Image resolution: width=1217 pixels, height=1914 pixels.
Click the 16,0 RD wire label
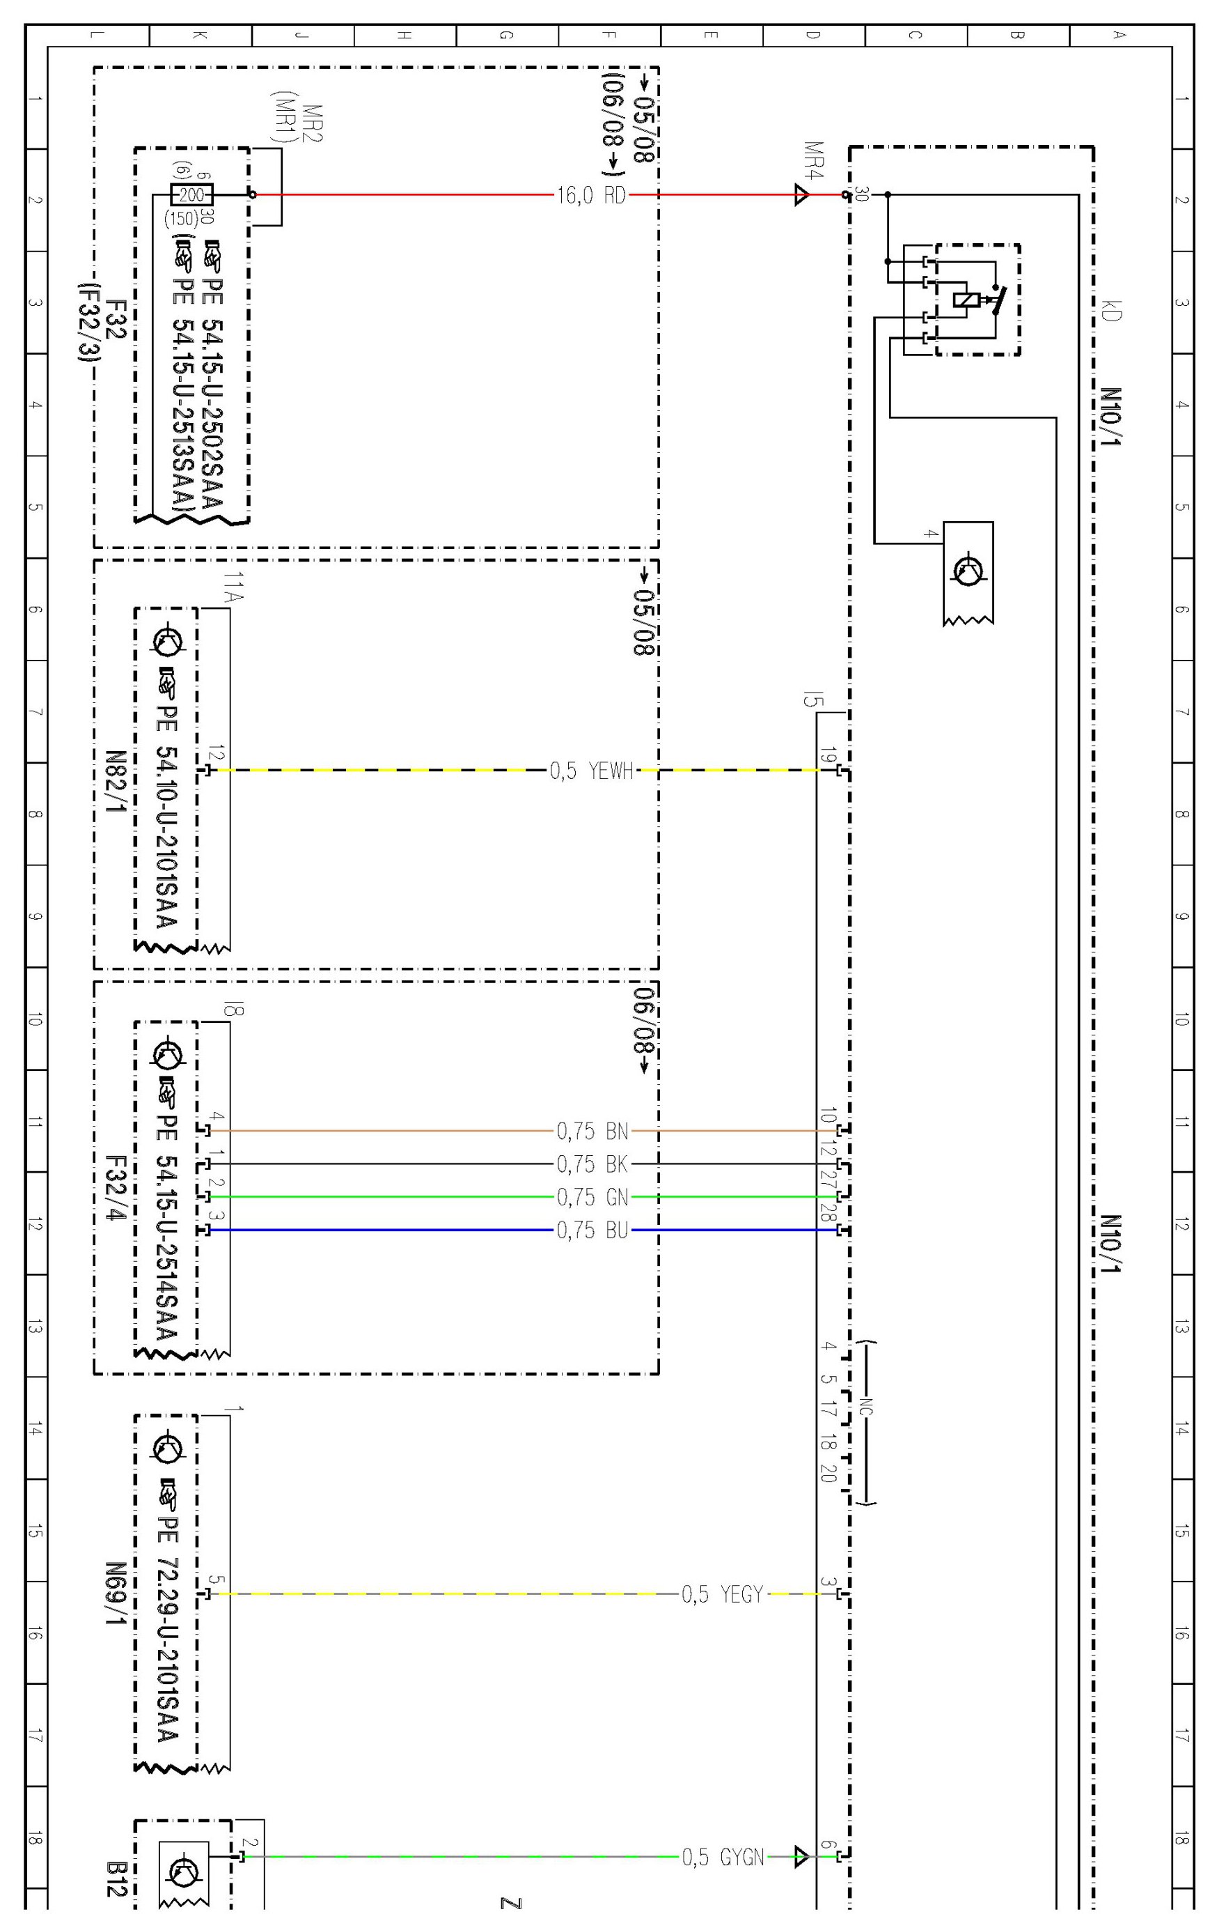(591, 194)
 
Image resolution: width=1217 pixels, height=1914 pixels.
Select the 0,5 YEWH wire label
(591, 770)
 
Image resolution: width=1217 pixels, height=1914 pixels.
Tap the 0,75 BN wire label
(592, 1130)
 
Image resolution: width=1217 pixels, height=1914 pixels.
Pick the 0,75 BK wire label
(592, 1164)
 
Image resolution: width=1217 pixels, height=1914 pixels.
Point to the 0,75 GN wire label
(592, 1196)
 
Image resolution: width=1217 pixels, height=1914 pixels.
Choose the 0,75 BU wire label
(592, 1230)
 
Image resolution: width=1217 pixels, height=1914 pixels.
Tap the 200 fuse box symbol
(192, 194)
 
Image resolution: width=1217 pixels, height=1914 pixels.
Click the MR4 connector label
(812, 160)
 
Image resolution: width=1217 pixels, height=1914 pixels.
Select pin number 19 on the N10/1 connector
(827, 756)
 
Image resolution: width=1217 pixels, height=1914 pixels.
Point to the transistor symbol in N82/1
(169, 640)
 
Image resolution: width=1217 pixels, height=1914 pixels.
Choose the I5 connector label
(812, 700)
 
